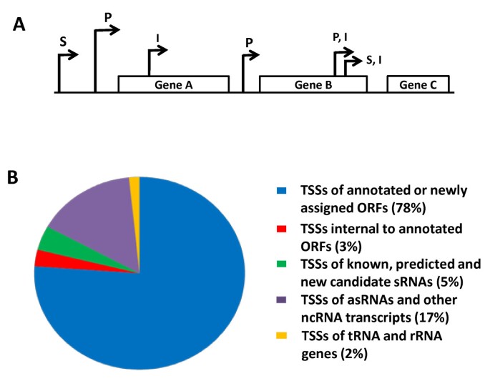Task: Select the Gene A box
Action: coord(173,84)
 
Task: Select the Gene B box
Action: coord(313,84)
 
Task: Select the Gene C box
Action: coord(418,84)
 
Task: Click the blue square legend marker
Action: coord(273,191)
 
